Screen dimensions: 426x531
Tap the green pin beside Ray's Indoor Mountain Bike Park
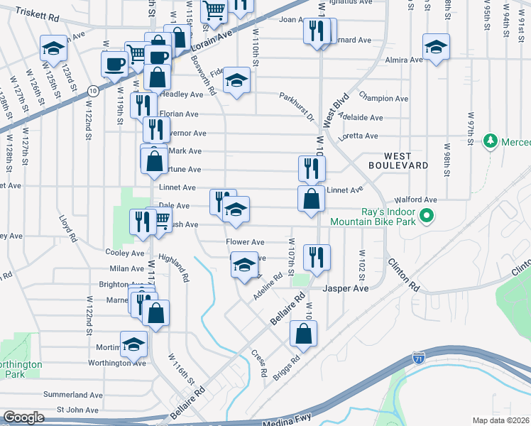point(426,215)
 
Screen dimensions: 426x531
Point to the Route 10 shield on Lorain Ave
point(93,90)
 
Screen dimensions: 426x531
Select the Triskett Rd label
point(36,13)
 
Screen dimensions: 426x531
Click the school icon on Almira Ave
point(436,48)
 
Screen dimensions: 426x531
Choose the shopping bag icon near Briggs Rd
point(303,334)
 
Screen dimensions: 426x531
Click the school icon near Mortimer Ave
point(133,345)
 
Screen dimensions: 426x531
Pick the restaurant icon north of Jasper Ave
point(317,258)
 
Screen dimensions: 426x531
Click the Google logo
point(23,417)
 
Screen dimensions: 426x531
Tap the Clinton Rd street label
point(403,274)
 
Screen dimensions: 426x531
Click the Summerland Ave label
point(73,395)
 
